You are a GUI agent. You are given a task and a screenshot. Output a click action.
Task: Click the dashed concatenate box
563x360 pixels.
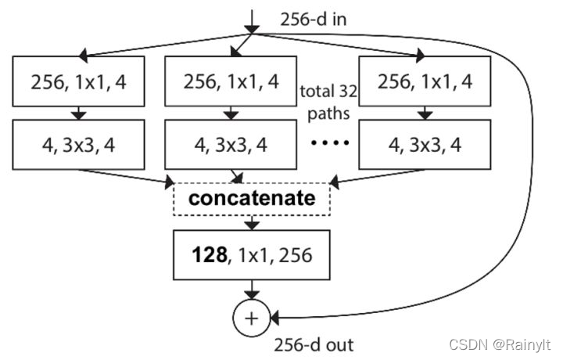tap(252, 198)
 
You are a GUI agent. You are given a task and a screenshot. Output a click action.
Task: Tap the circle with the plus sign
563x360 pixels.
tap(252, 318)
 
